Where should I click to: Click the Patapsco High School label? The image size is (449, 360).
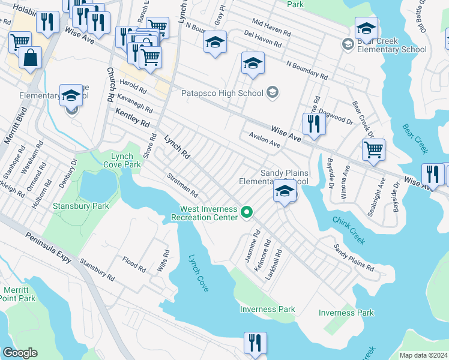tap(222, 93)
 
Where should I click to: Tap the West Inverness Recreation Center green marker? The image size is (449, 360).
tap(246, 212)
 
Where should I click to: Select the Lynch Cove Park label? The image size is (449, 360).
tap(122, 160)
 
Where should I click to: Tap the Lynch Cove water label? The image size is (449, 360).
tap(198, 274)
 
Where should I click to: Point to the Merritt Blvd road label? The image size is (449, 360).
tap(16, 126)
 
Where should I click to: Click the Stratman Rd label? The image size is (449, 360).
tap(182, 185)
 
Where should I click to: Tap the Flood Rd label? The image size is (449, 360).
tap(134, 265)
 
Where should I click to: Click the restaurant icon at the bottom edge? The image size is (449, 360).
tap(255, 343)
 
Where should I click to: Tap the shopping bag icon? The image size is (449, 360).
tap(30, 58)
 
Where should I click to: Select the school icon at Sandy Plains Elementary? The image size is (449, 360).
tap(285, 192)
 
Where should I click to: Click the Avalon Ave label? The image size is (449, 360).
tap(265, 140)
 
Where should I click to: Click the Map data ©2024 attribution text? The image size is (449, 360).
tap(423, 355)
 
